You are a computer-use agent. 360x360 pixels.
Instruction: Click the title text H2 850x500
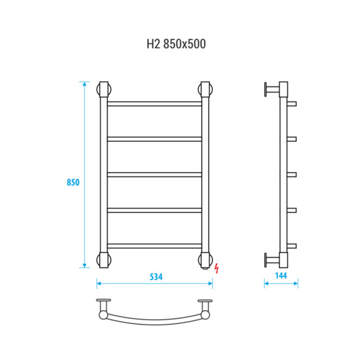click(x=176, y=44)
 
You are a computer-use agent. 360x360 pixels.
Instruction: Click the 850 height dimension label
click(x=73, y=182)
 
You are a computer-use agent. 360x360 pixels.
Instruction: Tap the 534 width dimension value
click(x=156, y=277)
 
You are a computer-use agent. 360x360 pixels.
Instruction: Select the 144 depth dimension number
click(x=281, y=275)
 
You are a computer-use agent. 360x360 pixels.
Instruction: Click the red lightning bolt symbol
click(x=217, y=268)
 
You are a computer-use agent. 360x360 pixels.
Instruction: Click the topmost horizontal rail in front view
click(x=155, y=104)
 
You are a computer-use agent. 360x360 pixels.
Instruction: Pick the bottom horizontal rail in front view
click(x=155, y=246)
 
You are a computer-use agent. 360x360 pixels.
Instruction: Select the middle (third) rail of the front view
click(x=155, y=175)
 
